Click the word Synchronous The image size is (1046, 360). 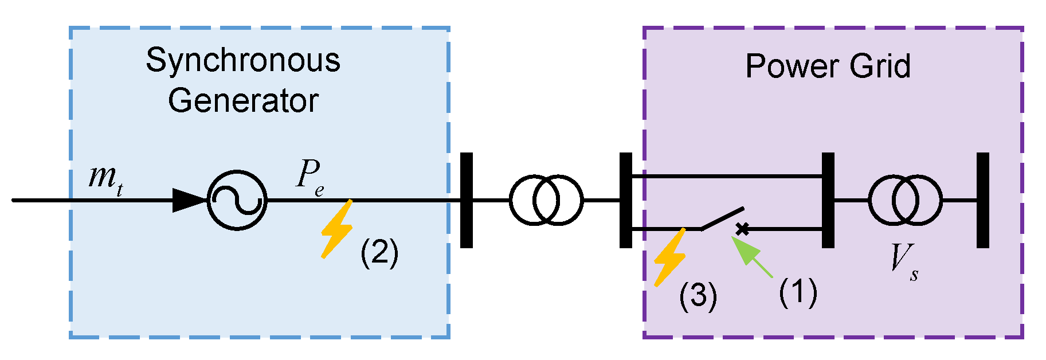click(x=242, y=60)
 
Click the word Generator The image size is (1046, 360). click(x=242, y=101)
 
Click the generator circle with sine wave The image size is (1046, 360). click(x=237, y=200)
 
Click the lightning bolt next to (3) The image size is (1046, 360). click(x=670, y=258)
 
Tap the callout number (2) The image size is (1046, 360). click(x=379, y=252)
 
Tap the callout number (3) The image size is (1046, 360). click(x=698, y=296)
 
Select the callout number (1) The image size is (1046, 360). click(x=797, y=292)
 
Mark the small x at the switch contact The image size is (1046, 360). click(x=742, y=229)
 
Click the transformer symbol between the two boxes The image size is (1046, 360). click(x=546, y=200)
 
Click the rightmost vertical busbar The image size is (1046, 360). click(x=983, y=200)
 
